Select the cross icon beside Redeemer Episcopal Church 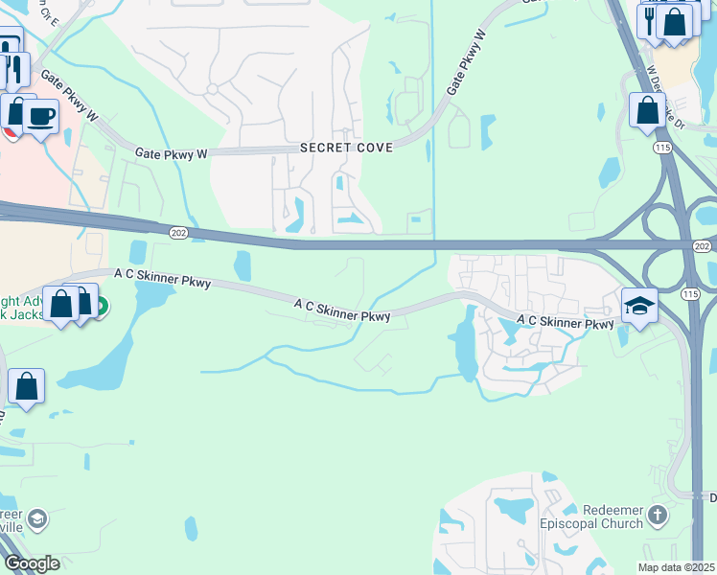657,516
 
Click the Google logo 32,563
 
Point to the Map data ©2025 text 676,567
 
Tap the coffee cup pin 40,117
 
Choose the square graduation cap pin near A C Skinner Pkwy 639,306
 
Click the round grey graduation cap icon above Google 36,519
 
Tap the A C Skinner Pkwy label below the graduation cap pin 565,323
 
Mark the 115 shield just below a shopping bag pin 661,147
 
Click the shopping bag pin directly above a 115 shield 647,110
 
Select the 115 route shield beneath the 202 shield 688,292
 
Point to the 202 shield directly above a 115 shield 702,246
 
